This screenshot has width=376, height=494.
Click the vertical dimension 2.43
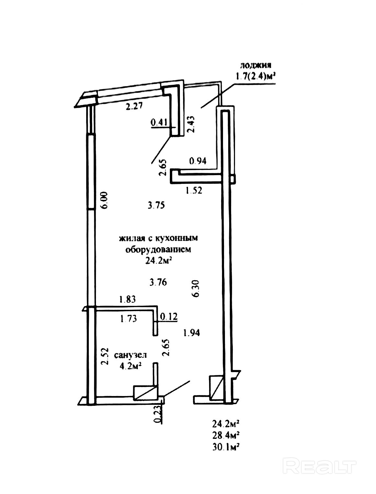(x=191, y=124)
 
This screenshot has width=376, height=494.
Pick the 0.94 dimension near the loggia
(x=198, y=161)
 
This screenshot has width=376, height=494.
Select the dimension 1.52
(x=194, y=190)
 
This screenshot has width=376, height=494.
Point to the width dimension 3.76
(x=158, y=283)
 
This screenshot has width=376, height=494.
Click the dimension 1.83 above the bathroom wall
(x=127, y=299)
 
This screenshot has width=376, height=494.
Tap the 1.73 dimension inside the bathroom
(x=128, y=319)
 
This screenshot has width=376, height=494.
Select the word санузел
(x=130, y=355)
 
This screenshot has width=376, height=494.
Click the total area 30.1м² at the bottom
(x=226, y=447)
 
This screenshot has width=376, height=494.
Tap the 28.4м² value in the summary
(x=226, y=435)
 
